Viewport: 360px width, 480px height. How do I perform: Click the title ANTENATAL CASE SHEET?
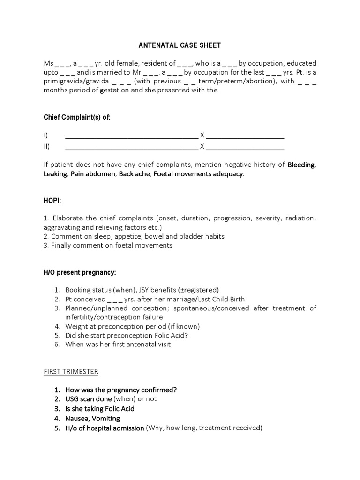click(180, 45)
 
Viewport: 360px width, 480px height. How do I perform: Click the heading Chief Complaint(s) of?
click(77, 117)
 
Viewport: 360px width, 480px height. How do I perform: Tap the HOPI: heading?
click(52, 200)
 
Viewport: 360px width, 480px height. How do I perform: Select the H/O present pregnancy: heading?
click(80, 272)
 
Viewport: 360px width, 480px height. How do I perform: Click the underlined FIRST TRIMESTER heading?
click(71, 371)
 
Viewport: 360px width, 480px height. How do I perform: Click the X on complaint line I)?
click(202, 135)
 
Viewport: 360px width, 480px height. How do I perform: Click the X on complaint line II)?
click(202, 146)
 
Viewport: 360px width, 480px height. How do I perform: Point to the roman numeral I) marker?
click(46, 135)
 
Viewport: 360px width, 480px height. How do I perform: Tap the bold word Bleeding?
click(301, 165)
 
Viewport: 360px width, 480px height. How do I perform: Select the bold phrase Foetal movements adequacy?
click(198, 174)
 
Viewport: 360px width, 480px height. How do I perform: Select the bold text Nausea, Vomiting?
click(93, 418)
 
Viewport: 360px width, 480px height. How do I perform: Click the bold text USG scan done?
click(89, 399)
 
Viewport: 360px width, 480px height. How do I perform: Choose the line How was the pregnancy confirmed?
click(121, 390)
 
